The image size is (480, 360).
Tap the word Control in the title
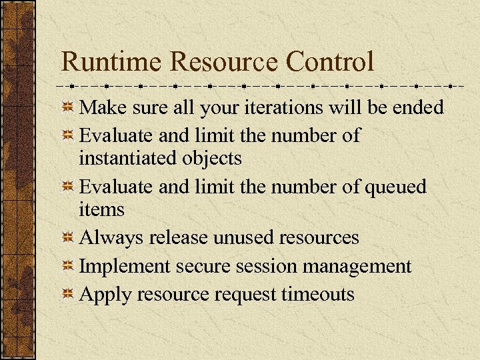click(x=330, y=62)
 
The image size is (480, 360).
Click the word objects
click(x=217, y=159)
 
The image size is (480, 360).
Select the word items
click(x=101, y=209)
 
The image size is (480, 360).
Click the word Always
click(x=111, y=238)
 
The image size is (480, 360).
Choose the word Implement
click(x=125, y=267)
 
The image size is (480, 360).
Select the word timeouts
click(x=318, y=294)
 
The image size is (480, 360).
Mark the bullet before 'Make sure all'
click(x=67, y=107)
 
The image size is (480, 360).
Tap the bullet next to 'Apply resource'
click(x=67, y=294)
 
